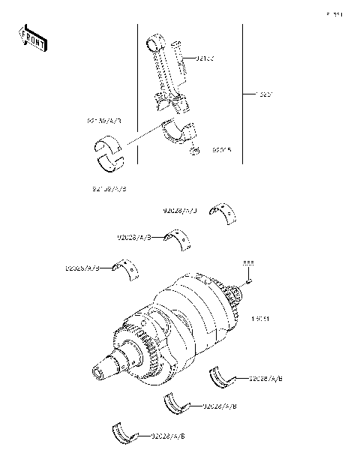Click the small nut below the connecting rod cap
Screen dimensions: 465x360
194,152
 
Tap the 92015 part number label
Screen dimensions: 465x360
223,149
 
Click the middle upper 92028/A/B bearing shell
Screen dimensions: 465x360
181,239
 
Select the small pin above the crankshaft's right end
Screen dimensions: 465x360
249,280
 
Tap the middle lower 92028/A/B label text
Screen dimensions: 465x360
220,406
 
